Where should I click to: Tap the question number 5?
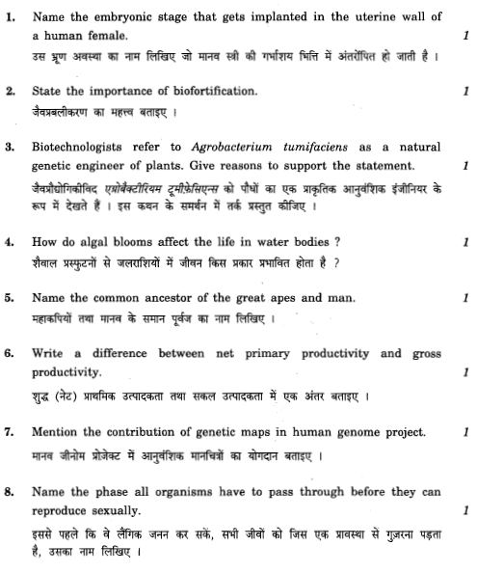(x=10, y=300)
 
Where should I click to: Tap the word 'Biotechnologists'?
(x=78, y=149)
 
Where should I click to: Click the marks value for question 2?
(x=465, y=92)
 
